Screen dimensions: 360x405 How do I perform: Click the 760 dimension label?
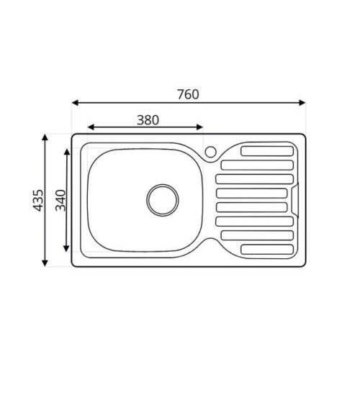pos(188,94)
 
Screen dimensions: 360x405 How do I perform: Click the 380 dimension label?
pos(148,120)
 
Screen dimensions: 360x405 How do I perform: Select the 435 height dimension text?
pos(38,201)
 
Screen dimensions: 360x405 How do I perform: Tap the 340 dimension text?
pos(60,201)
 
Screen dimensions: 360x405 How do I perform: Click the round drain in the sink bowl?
pos(163,200)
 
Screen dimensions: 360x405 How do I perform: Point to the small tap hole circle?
pos(211,152)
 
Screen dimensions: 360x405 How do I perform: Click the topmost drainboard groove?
pos(267,151)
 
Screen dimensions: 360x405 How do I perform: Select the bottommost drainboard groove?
pos(267,249)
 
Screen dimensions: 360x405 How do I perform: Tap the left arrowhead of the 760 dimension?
pos(75,103)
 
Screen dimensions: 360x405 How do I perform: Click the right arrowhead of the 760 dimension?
pos(302,103)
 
